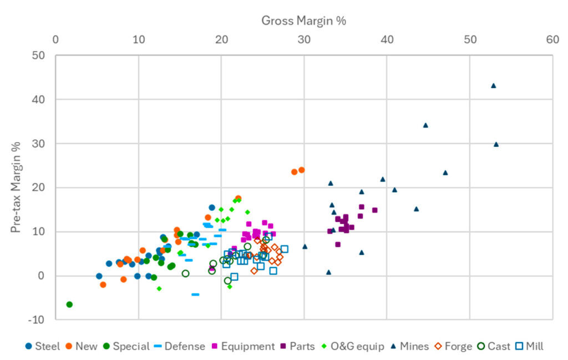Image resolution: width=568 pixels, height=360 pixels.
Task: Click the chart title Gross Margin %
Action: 303,21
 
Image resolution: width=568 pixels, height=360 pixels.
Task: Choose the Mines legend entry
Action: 409,346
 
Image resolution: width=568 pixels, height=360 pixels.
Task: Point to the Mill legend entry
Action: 530,346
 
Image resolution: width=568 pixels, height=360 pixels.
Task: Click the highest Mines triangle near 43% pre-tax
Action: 493,86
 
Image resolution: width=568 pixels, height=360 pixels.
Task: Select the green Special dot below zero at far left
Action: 69,305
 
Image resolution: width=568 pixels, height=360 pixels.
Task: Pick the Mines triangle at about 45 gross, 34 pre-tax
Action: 425,125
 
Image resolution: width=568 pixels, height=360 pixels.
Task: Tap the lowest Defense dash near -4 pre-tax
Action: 195,295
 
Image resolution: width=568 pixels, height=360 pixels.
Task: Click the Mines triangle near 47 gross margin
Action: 445,173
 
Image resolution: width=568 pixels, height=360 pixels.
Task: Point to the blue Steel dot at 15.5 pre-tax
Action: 212,207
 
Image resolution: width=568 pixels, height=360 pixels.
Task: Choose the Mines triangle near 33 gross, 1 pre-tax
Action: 328,272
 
